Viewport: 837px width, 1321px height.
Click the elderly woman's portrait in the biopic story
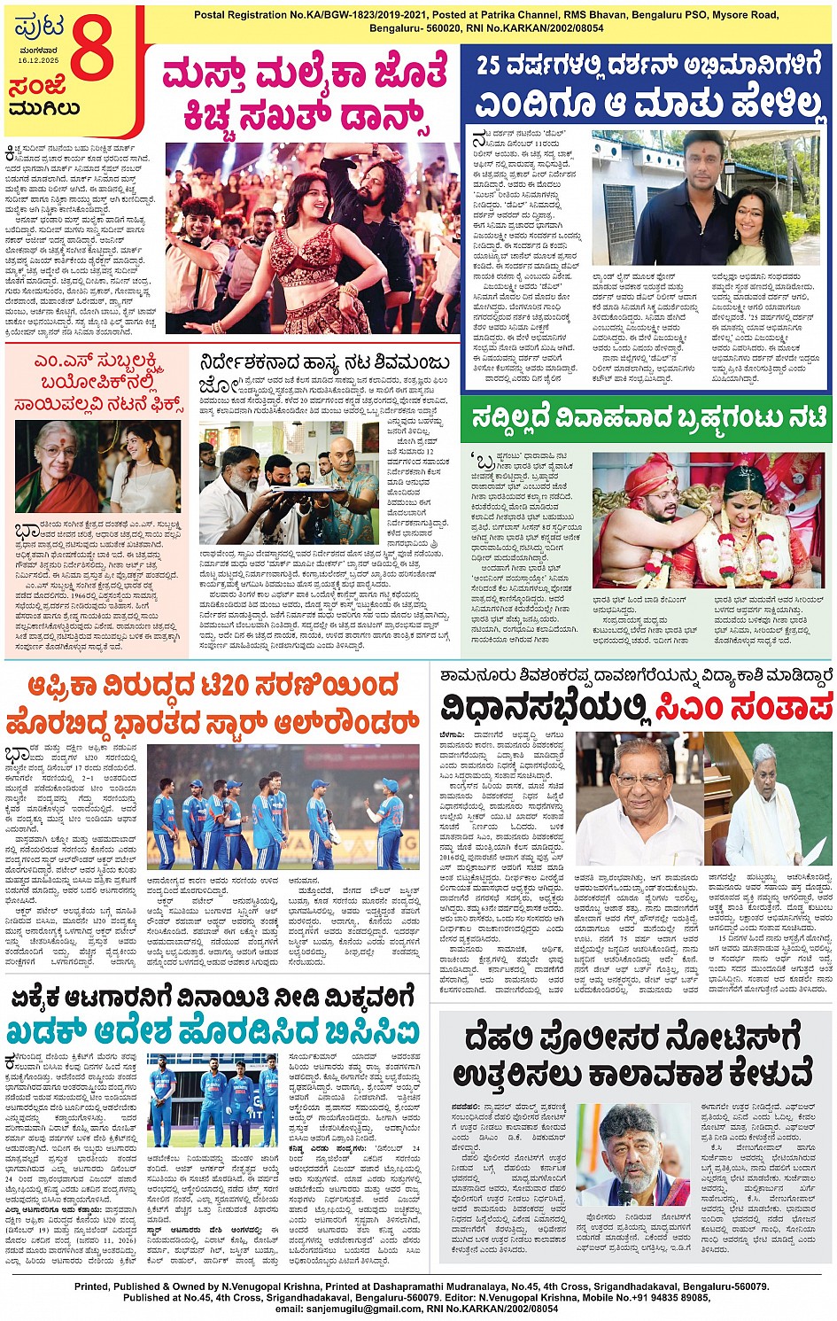[57, 467]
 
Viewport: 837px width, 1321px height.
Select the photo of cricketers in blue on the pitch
[283, 806]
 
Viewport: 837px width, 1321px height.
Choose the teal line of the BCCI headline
[213, 1031]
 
